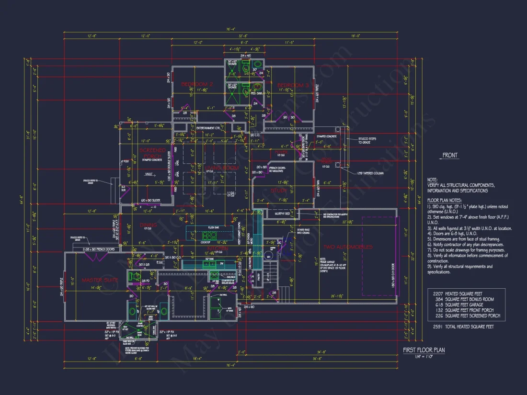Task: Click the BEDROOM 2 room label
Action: coord(196,85)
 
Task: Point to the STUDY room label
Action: coord(279,190)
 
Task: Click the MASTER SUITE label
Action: coord(100,280)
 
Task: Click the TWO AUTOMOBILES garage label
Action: coord(348,247)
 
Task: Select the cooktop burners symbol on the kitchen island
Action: coord(209,236)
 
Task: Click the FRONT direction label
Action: coord(450,155)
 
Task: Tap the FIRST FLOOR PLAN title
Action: coord(424,350)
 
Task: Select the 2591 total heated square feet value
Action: coord(436,327)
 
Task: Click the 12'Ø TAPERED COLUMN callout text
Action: coord(369,173)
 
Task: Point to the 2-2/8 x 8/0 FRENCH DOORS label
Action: coord(100,249)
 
